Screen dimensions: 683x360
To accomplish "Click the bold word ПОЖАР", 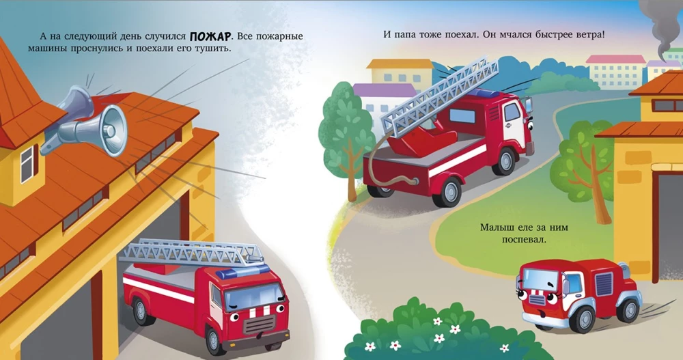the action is [x=210, y=36].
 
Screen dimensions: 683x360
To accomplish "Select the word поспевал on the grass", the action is [x=524, y=239].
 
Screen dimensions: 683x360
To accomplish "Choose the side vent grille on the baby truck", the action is [x=604, y=283].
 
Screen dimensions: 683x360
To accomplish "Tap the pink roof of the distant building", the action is [x=616, y=59].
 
